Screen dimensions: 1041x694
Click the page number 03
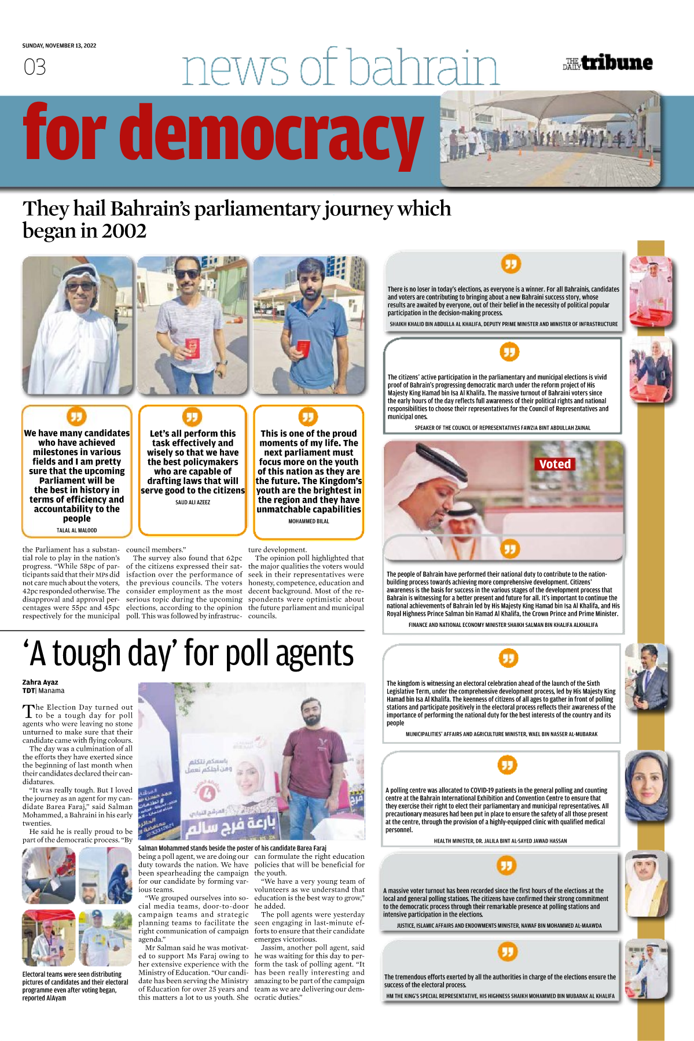pos(35,67)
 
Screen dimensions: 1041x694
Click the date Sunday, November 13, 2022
pos(59,46)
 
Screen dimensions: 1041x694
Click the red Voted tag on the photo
pos(555,464)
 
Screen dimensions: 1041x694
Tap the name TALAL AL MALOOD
pos(76,530)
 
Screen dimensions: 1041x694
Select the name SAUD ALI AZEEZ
pos(193,503)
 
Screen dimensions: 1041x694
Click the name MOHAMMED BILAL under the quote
pos(309,521)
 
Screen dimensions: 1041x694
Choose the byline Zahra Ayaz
pos(40,682)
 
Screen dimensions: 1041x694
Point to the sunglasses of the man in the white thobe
pos(80,286)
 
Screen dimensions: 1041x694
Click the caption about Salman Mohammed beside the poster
pos(232,848)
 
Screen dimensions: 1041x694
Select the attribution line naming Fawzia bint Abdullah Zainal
pos(502,428)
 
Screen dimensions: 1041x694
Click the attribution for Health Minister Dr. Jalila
pos(500,841)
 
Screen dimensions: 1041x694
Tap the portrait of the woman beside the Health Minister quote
pos(647,785)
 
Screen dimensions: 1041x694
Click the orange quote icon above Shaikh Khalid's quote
pos(511,264)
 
